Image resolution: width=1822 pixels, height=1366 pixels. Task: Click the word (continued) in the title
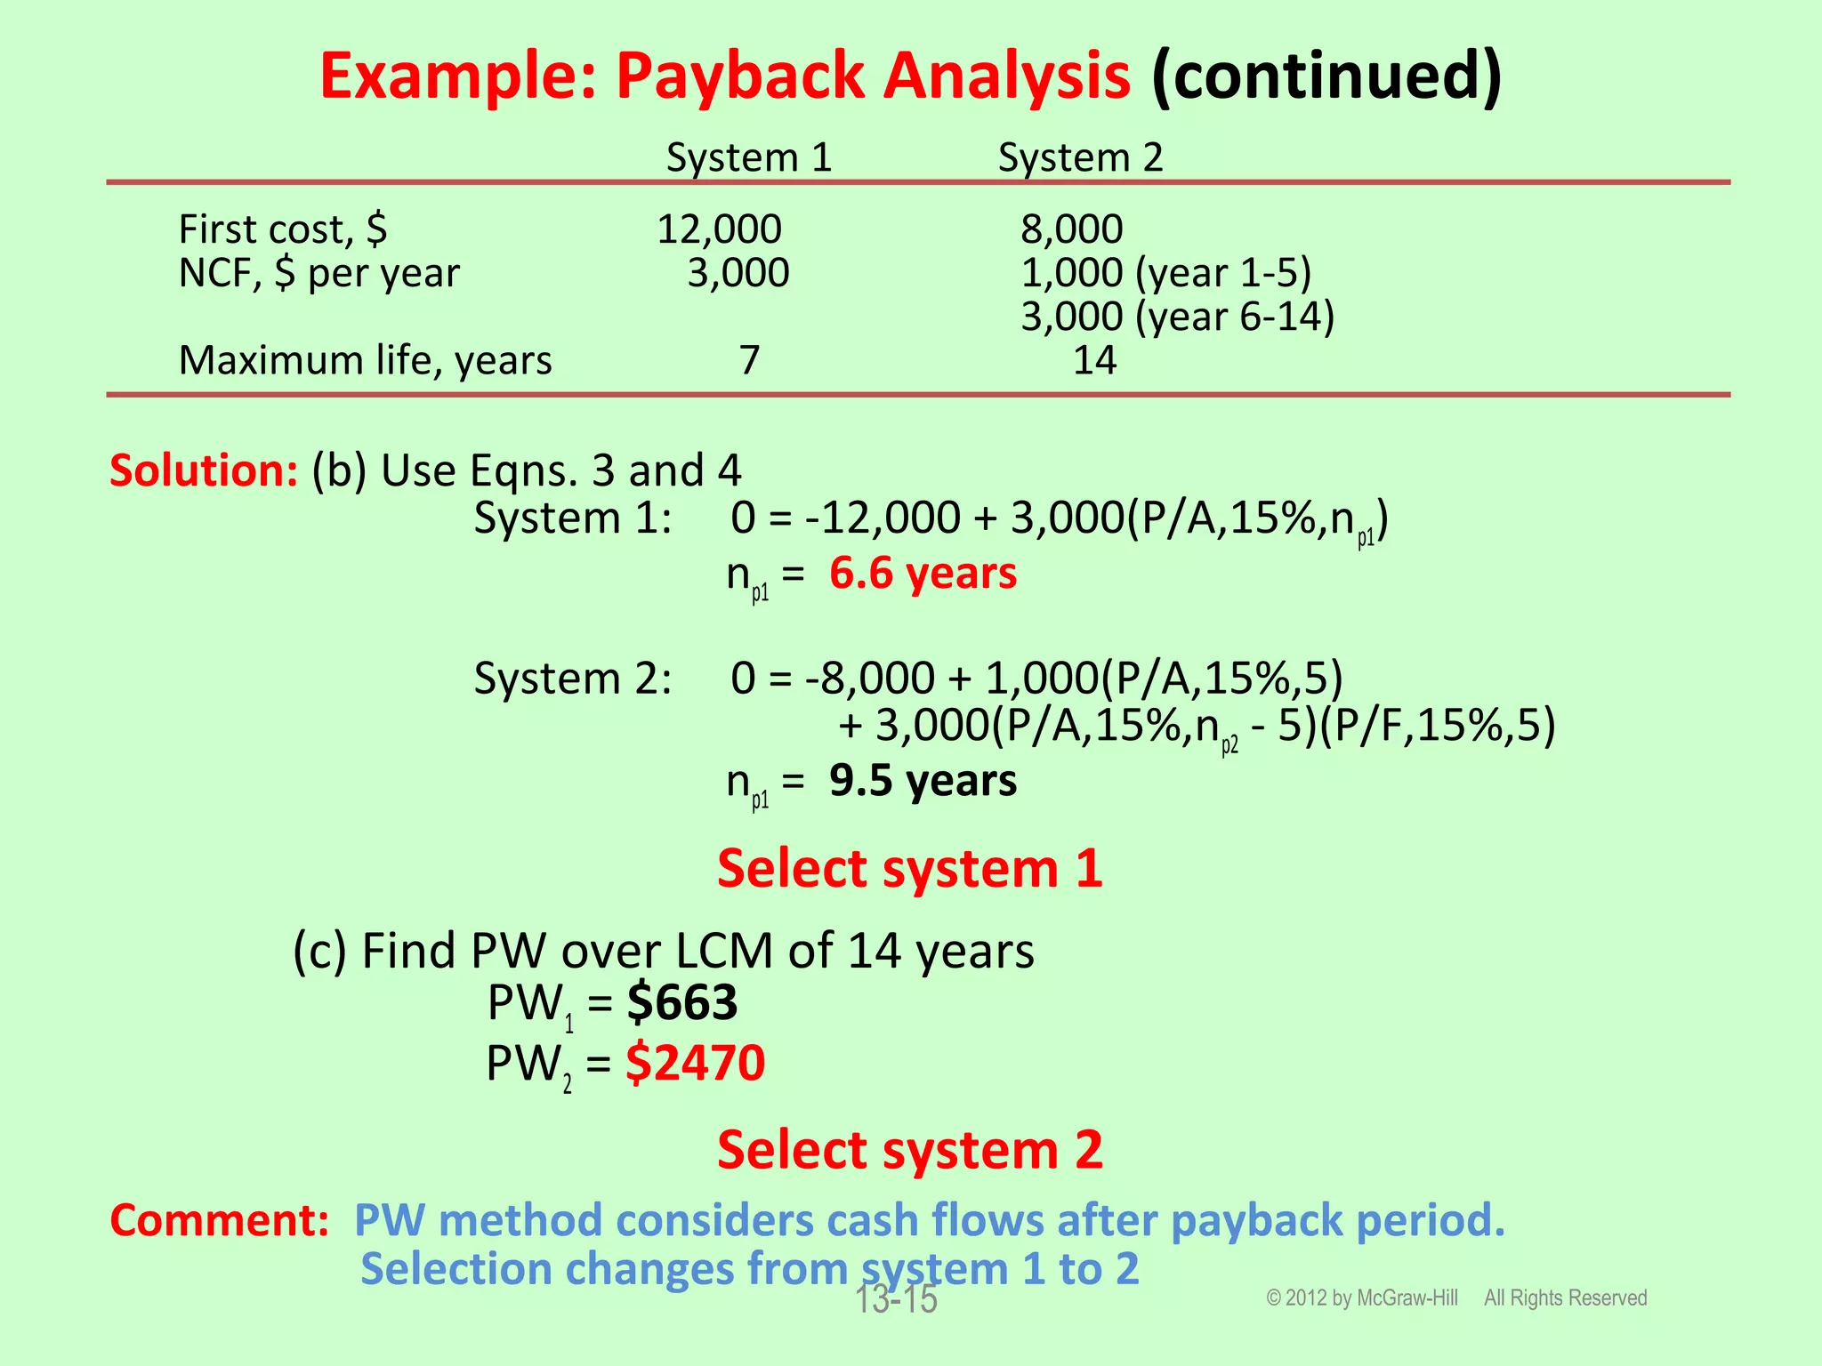(x=1326, y=76)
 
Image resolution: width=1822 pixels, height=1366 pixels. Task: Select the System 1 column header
(x=749, y=157)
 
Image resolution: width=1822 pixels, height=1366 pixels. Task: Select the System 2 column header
(x=1080, y=157)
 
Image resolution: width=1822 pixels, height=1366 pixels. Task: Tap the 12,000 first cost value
(x=719, y=229)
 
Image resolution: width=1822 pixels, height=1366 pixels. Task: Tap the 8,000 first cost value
(x=1071, y=229)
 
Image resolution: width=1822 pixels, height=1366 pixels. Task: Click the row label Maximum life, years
(x=365, y=360)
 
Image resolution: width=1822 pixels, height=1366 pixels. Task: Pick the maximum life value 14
(x=1094, y=360)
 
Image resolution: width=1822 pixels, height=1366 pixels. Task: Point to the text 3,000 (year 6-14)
(x=1177, y=317)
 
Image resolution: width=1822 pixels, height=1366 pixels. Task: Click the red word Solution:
(x=204, y=470)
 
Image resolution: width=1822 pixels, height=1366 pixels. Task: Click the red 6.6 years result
(x=923, y=574)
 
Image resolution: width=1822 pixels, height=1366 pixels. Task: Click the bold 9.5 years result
(x=923, y=781)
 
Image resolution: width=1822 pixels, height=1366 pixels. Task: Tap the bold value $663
(x=682, y=1002)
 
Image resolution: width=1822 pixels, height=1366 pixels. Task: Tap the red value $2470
(x=695, y=1063)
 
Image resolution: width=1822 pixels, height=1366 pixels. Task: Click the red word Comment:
(x=220, y=1219)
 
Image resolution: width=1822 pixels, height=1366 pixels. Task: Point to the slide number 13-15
(x=896, y=1300)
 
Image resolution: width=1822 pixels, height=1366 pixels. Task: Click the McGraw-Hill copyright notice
(x=1455, y=1298)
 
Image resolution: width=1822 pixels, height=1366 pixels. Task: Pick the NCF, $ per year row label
(x=319, y=273)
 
